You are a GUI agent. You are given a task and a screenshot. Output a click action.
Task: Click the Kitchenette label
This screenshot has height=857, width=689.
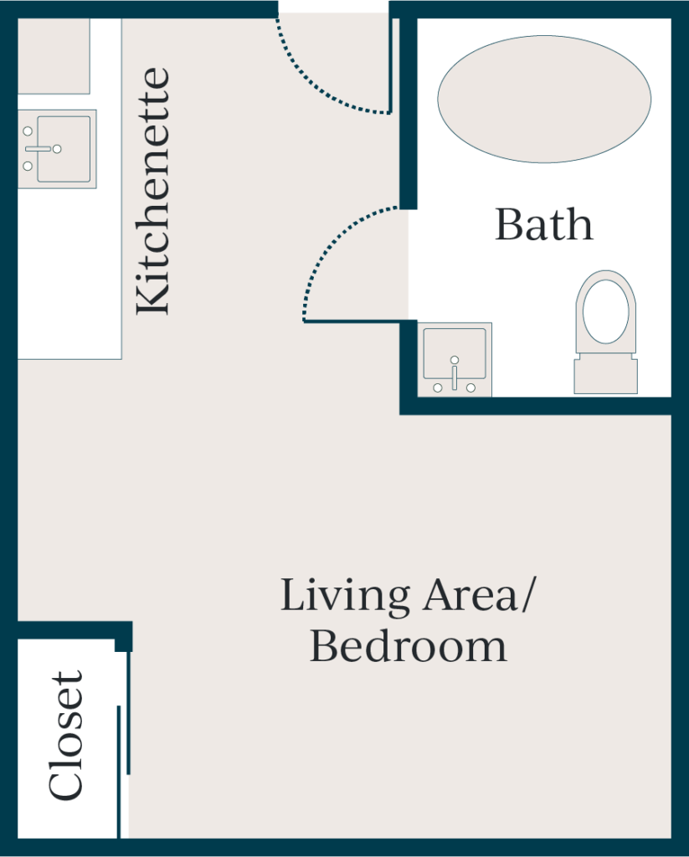[152, 192]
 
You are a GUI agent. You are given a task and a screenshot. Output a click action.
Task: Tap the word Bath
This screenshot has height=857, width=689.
[543, 224]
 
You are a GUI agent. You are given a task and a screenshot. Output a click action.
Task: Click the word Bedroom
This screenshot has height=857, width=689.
[409, 646]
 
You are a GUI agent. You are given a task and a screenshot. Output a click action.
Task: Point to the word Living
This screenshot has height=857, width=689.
[345, 596]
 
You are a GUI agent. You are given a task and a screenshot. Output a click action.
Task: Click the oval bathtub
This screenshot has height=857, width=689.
[544, 99]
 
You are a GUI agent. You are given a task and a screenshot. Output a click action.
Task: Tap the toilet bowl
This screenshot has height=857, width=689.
[605, 311]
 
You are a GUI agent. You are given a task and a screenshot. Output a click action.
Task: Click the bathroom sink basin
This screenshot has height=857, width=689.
[455, 353]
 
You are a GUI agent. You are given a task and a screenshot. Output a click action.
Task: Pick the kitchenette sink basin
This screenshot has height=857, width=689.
[64, 149]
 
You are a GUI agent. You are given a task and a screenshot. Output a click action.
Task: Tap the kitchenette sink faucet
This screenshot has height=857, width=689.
[40, 149]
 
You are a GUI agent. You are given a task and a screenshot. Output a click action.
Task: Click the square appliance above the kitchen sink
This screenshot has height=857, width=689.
[54, 56]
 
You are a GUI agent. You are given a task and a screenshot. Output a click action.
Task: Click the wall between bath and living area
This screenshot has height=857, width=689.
[536, 406]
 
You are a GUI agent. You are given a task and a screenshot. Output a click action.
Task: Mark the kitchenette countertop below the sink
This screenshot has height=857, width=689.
[69, 274]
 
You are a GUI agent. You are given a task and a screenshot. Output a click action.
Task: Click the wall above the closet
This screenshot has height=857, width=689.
[75, 629]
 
